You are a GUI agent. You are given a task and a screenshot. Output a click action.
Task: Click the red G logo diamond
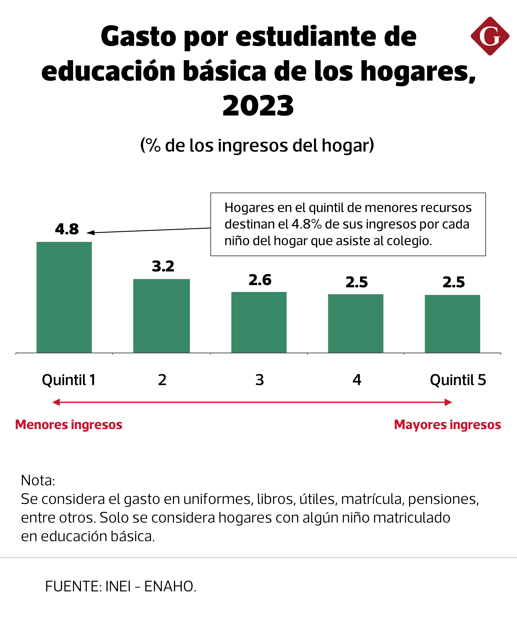tap(490, 36)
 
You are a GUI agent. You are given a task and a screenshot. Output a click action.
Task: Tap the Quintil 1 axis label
tap(69, 380)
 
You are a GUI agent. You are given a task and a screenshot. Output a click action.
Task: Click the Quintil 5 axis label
tap(458, 380)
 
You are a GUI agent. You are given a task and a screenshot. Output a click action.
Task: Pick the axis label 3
tap(260, 380)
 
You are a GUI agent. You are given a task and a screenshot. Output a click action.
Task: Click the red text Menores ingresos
tap(69, 425)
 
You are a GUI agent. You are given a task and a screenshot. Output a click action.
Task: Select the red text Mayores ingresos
tap(447, 425)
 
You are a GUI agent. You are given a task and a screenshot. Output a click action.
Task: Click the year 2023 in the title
tap(258, 106)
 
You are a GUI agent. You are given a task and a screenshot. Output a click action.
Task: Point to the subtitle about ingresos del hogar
tap(257, 145)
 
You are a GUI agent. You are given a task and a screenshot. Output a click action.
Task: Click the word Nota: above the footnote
tap(38, 480)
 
